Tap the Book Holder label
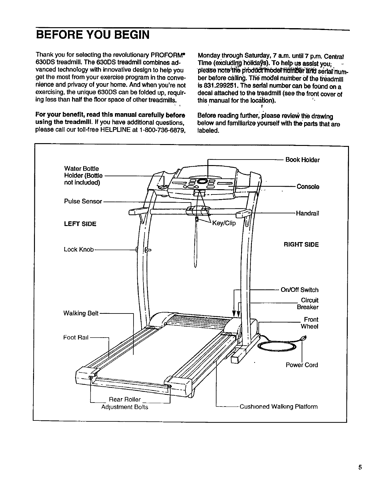coord(302,160)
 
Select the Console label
coord(308,187)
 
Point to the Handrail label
coord(307,213)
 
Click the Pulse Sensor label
coord(83,202)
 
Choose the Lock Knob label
coord(79,249)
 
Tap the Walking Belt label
coord(81,313)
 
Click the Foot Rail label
coord(76,337)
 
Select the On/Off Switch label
coord(299,290)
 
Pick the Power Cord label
coord(302,365)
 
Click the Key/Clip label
coord(224,223)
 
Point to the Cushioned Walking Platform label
coord(278,407)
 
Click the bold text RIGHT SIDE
coord(301,245)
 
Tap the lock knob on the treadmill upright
coord(147,249)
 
